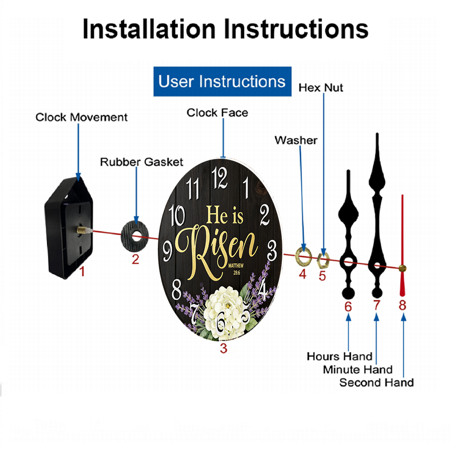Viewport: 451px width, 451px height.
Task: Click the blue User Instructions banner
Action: coord(222,81)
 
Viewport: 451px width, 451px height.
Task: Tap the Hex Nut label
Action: coord(321,88)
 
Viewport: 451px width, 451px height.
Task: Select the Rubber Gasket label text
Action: coord(142,162)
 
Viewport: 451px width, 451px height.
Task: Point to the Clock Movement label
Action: coord(81,117)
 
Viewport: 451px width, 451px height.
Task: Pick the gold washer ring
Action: coord(297,255)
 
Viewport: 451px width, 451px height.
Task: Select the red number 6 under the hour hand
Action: coord(348,307)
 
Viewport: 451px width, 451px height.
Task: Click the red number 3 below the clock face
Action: coord(224,348)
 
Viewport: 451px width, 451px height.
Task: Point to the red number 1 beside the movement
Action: coord(82,271)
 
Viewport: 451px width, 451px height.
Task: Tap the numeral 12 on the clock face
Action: coord(220,178)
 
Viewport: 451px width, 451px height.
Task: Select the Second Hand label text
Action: coord(377,382)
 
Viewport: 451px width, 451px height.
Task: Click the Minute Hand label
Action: coord(358,370)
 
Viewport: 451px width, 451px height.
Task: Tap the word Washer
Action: coord(296,140)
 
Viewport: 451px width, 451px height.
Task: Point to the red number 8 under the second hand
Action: coord(402,305)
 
